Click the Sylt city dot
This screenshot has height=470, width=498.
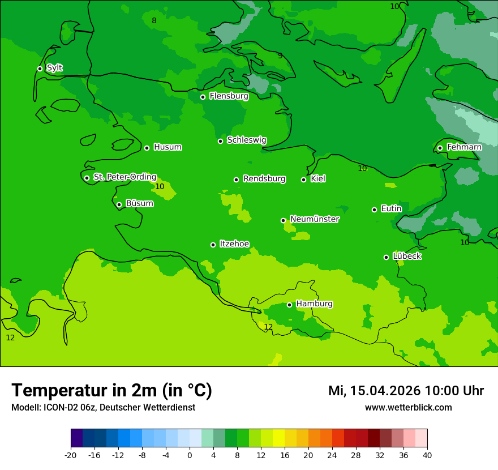pos(40,69)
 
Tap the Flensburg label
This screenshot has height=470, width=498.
pos(229,96)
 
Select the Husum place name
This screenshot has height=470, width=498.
pos(168,147)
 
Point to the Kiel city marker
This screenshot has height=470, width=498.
pos(303,180)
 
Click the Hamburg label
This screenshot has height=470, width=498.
pos(314,304)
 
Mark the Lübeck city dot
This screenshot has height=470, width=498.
pos(386,257)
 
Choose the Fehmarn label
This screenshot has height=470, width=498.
pos(464,147)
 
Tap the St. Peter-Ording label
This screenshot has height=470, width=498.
pos(124,177)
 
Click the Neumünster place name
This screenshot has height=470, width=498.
pos(315,219)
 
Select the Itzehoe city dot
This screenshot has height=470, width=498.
pos(213,245)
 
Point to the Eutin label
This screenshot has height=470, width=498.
pos(391,209)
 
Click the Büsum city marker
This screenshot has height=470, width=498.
pos(119,204)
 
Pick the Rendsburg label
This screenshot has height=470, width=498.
pos(264,179)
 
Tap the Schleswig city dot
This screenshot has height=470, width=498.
pos(220,141)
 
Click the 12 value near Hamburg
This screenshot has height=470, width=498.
pos(268,327)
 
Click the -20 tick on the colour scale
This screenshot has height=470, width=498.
pos(71,455)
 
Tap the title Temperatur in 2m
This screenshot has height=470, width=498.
pos(111,391)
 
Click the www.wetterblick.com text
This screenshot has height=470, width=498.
pos(408,408)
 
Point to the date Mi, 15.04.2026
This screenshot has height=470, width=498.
pos(374,391)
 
